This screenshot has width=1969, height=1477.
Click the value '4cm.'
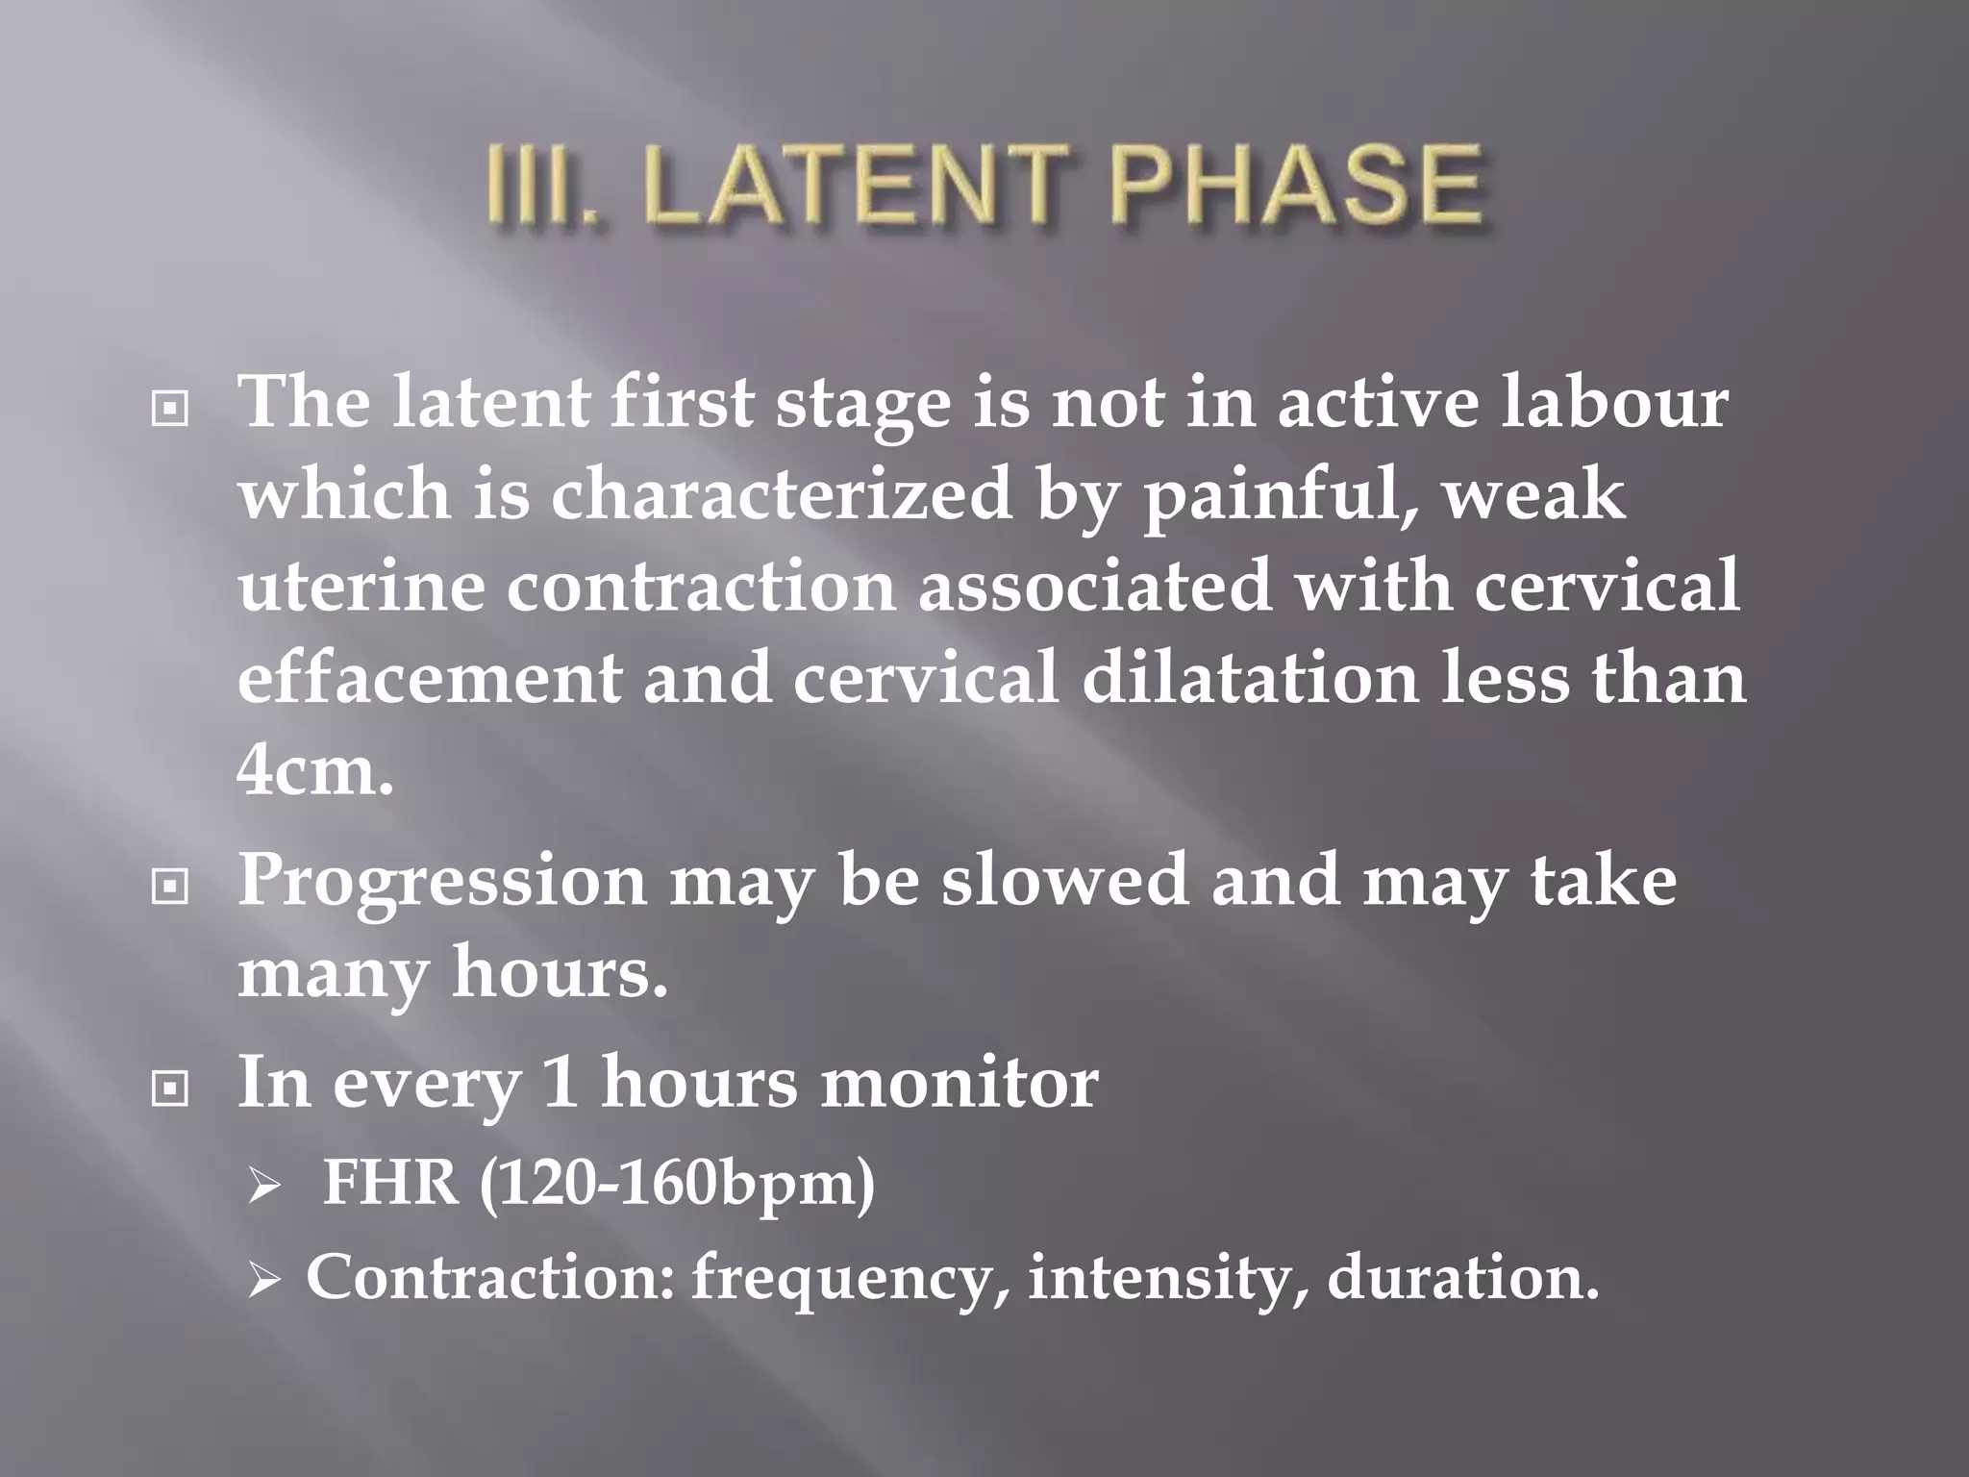315,769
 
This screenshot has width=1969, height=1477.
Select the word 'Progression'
442,883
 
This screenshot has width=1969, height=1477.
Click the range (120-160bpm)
677,1184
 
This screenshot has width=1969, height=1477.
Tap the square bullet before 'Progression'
170,887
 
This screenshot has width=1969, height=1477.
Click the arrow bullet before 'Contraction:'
262,1282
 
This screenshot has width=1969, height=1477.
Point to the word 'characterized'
780,494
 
